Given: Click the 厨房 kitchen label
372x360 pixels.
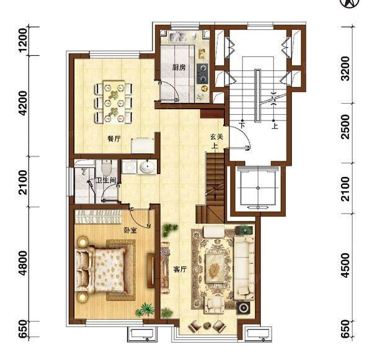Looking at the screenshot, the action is coord(179,68).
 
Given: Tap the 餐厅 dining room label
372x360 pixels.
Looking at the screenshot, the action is coord(114,138).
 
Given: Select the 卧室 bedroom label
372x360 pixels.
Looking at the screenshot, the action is coord(130,230).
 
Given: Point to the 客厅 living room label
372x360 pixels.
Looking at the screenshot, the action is coord(180,269).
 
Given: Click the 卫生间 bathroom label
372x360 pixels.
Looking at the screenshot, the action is coord(106,181).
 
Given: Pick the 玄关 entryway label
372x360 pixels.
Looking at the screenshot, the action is coord(216,137).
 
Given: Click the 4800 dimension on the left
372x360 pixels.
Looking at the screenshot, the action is coord(23,263).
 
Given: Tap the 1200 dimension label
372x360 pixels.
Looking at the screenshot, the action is coord(23,40).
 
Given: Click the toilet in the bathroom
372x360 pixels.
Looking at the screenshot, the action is coord(106,167).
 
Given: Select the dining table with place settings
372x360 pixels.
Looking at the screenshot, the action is coord(114,102).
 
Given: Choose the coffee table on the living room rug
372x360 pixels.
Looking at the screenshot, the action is coord(215,268).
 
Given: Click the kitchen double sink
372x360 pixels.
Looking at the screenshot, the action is coord(177,37).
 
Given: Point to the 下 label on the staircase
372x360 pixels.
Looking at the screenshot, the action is coord(242,125).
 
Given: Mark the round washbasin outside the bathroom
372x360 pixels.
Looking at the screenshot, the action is coord(147,166).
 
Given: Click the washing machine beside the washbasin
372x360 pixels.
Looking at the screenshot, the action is coord(129,167).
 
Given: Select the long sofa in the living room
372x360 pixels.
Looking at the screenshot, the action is coord(244,268).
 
